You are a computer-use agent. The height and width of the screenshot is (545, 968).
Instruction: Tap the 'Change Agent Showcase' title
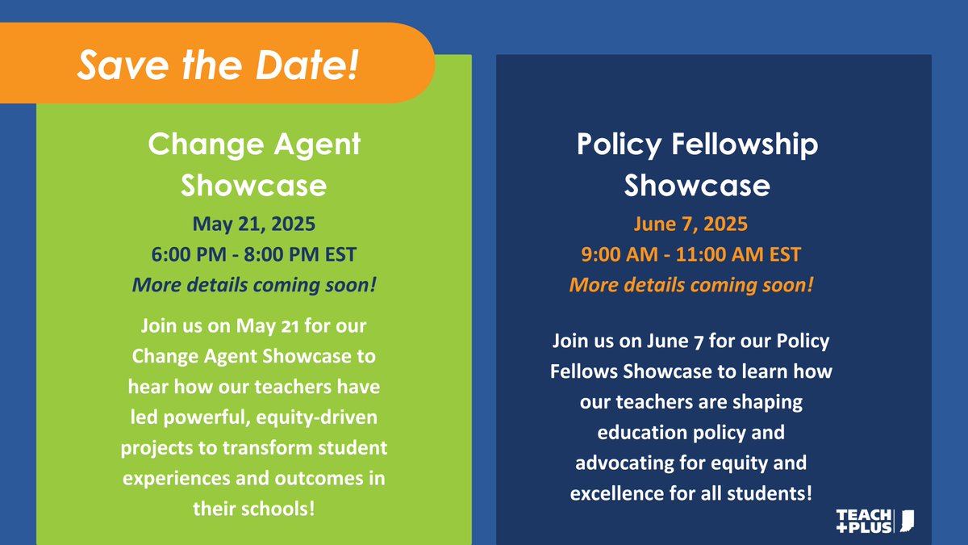pyautogui.click(x=254, y=165)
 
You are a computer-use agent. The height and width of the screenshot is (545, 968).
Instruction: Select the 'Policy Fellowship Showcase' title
pyautogui.click(x=697, y=165)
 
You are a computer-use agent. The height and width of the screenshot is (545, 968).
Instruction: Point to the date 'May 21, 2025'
pyautogui.click(x=254, y=224)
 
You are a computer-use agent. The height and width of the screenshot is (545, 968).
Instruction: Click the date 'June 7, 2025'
pyautogui.click(x=691, y=224)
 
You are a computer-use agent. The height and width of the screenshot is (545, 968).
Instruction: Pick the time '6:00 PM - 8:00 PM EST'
pyautogui.click(x=254, y=254)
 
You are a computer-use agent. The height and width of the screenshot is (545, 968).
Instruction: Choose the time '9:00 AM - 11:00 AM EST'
pyautogui.click(x=691, y=254)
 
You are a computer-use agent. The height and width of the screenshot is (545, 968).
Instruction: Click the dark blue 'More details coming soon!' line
pyautogui.click(x=254, y=285)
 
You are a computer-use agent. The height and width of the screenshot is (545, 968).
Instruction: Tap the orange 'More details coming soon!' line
pyautogui.click(x=691, y=285)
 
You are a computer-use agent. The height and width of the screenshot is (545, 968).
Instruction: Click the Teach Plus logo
pyautogui.click(x=864, y=521)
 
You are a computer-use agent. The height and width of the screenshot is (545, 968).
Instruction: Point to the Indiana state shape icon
pyautogui.click(x=907, y=521)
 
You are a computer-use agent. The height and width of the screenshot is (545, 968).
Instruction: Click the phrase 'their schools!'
pyautogui.click(x=254, y=509)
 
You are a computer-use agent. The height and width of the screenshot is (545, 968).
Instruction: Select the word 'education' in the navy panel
pyautogui.click(x=640, y=432)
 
